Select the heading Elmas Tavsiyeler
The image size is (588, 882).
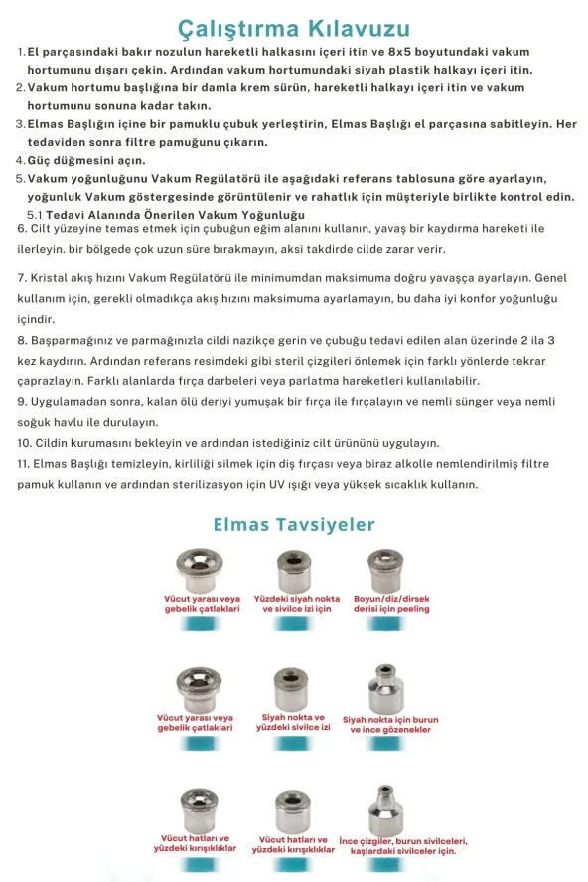294,523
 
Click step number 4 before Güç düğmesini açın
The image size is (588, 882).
20,160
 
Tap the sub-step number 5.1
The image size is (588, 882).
34,215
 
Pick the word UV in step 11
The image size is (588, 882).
375,484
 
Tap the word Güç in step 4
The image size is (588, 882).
42,160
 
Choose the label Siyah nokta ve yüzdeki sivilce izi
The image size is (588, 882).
293,722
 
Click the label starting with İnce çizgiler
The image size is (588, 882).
402,846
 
